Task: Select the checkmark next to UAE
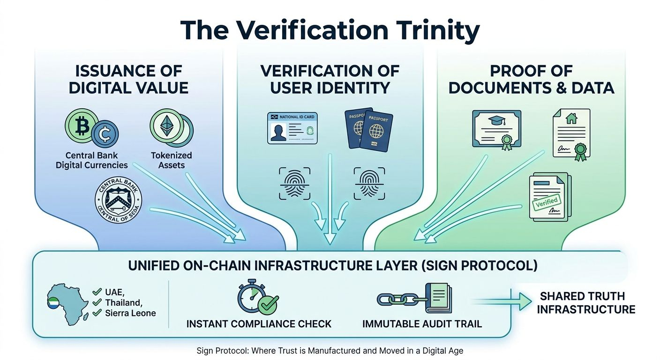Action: pos(97,292)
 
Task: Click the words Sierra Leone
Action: pos(131,313)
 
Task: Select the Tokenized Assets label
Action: pos(171,160)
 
